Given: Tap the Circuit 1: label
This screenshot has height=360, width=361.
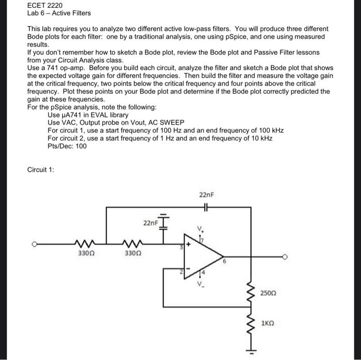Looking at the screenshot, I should point(41,169).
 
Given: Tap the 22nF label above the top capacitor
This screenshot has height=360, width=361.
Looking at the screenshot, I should point(205,195).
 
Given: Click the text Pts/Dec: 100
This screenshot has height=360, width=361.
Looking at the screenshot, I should point(67,146).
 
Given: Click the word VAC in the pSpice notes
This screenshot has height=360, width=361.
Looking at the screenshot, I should point(70,123).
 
